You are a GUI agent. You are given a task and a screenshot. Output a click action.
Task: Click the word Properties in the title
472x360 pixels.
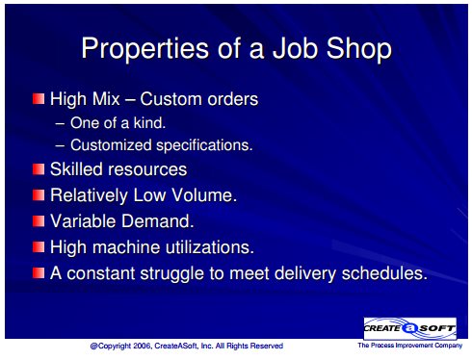click(145, 49)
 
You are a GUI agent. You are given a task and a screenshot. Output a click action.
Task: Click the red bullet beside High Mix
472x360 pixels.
click(39, 98)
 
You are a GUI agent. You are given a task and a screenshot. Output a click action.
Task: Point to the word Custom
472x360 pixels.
click(171, 99)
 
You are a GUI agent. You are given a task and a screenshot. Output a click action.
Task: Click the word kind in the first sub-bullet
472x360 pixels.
click(149, 122)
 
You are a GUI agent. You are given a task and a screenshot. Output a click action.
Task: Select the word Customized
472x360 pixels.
click(111, 145)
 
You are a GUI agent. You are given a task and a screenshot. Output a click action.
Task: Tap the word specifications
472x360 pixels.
click(204, 145)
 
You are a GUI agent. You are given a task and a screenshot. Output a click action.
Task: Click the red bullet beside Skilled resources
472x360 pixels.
click(39, 168)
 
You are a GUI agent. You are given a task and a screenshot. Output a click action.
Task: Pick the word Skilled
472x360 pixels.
click(76, 168)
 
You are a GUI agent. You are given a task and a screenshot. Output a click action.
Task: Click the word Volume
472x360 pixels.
click(204, 195)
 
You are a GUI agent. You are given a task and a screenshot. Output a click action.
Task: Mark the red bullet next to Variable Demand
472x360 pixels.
click(39, 220)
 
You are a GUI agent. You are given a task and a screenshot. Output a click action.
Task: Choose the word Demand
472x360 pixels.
click(158, 221)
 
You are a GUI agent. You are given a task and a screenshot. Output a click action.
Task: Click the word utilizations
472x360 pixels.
click(210, 247)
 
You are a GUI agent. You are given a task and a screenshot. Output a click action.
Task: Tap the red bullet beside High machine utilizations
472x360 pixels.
click(39, 246)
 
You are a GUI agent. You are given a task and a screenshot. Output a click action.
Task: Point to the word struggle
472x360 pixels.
click(172, 274)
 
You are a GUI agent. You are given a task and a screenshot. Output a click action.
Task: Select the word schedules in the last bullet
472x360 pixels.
click(384, 273)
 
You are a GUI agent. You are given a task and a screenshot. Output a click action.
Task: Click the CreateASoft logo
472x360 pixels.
click(410, 328)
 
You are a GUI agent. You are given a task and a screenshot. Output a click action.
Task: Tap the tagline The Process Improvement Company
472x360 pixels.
click(410, 346)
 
